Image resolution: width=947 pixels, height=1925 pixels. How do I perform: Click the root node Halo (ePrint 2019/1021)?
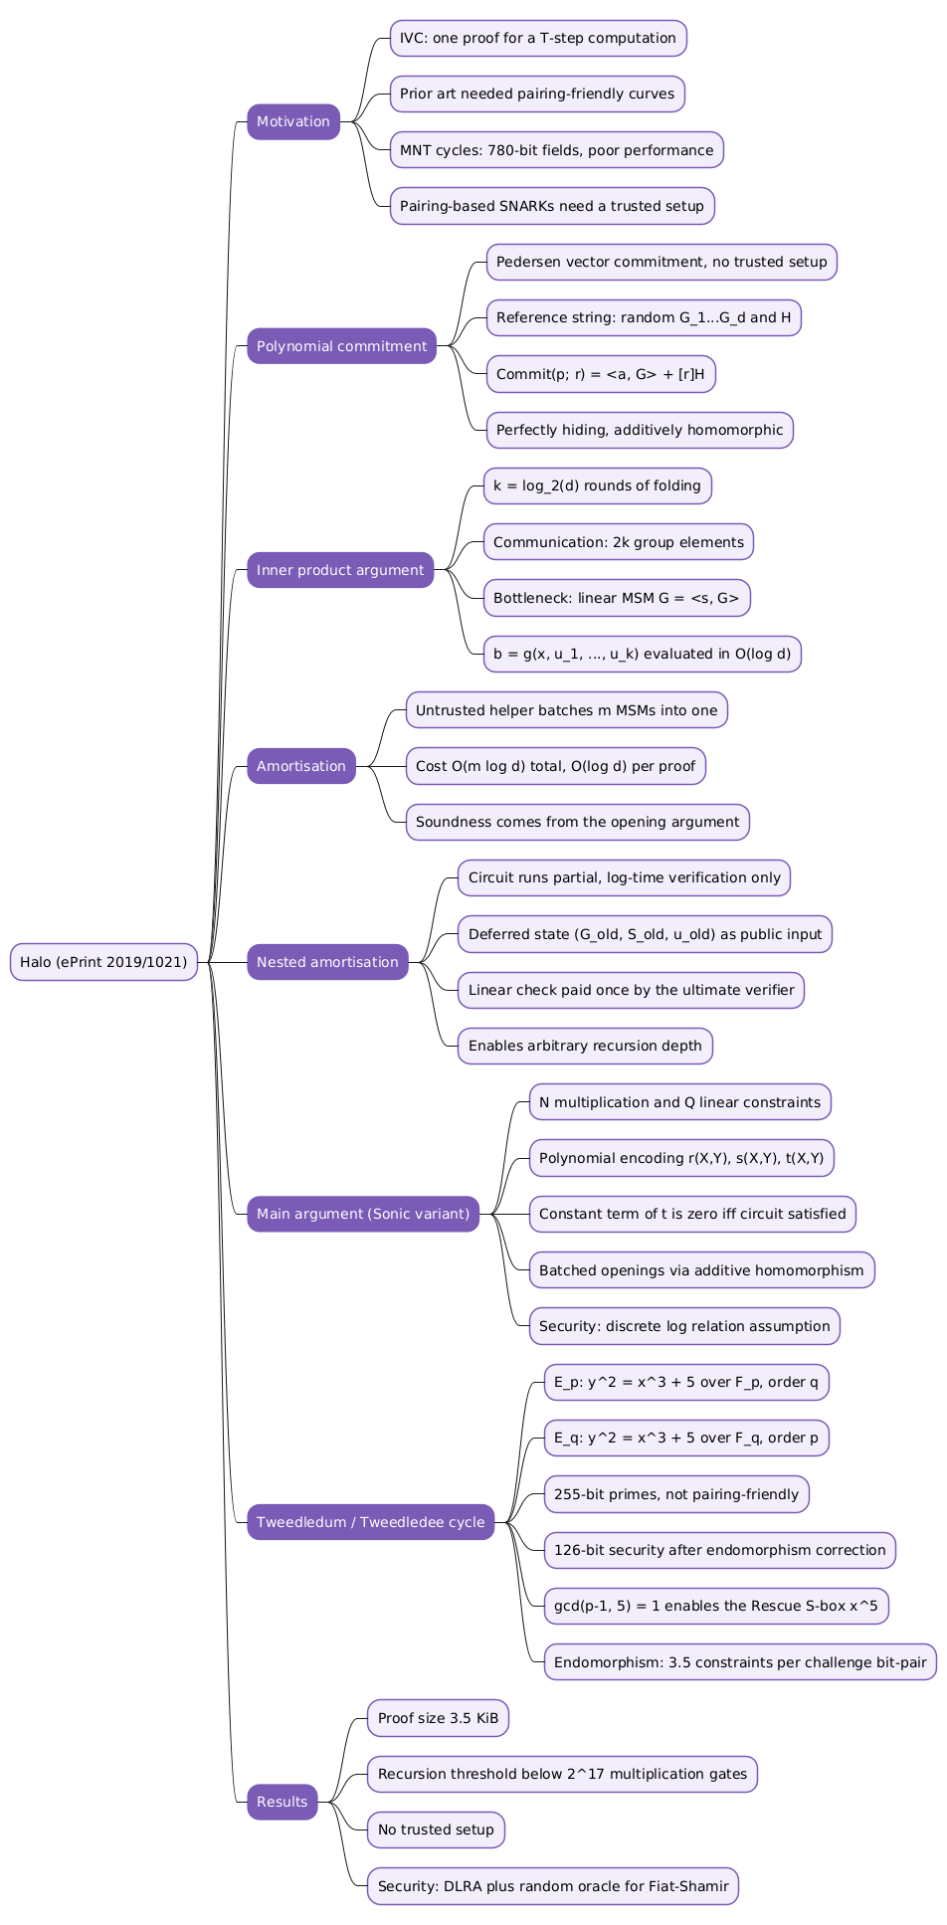(103, 962)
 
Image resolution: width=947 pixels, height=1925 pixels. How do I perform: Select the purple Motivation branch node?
(293, 121)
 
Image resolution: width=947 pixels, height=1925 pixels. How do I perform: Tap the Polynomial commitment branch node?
(341, 346)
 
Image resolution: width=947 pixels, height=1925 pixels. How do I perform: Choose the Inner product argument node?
(340, 570)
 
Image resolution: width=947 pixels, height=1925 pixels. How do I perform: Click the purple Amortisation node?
(301, 766)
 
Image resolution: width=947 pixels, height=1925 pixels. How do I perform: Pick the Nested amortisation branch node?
(327, 962)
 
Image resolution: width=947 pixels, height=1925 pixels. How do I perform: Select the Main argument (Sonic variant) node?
(363, 1214)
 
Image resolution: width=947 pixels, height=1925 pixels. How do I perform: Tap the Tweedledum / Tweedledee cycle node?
(370, 1522)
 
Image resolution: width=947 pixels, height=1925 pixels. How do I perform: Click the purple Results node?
(283, 1802)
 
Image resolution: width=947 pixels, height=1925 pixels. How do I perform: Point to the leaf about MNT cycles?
(556, 150)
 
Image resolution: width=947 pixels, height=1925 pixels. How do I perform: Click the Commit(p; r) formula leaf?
(600, 374)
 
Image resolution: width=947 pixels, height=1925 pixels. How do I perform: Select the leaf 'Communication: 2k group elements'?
(618, 542)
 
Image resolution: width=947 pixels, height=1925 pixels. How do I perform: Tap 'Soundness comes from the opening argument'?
(577, 822)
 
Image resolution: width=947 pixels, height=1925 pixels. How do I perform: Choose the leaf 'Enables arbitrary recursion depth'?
(585, 1046)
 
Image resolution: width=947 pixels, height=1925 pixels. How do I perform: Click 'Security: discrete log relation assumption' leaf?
(684, 1326)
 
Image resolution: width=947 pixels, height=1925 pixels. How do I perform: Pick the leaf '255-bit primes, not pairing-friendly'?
(676, 1494)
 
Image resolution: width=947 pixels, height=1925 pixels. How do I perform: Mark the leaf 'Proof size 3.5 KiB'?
(438, 1718)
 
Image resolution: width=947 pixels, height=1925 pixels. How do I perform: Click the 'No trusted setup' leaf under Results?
(436, 1829)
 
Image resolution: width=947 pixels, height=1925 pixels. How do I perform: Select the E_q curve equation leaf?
(686, 1438)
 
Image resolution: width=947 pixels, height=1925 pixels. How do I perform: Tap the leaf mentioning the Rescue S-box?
(716, 1606)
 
